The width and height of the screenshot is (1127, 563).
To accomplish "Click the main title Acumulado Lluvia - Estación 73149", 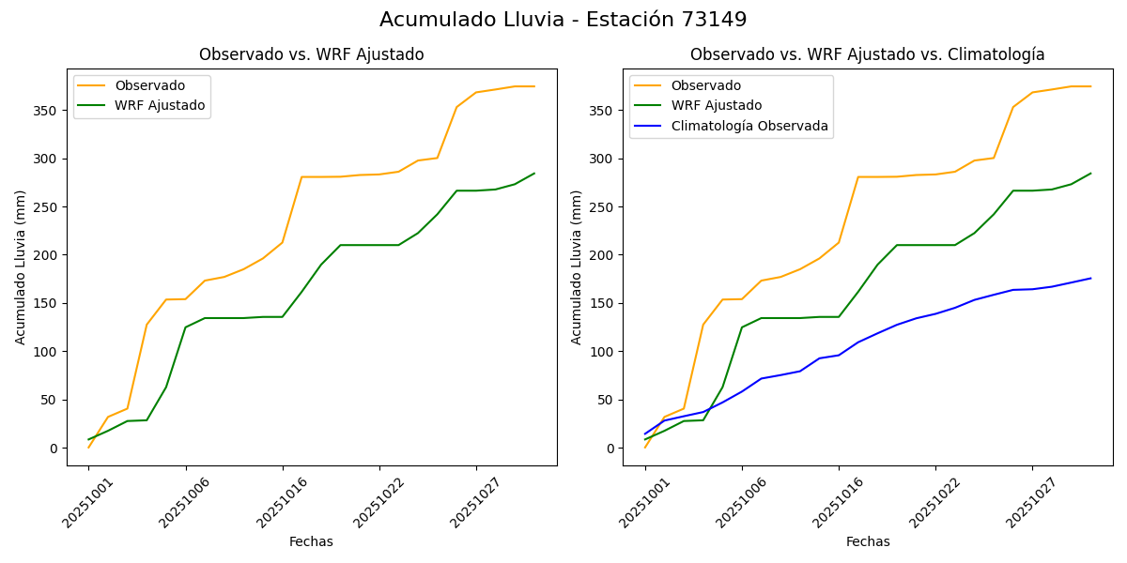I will [x=563, y=20].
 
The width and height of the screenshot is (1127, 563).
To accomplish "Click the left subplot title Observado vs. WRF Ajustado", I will [x=311, y=54].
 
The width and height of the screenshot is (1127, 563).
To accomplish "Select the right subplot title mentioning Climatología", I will [x=867, y=54].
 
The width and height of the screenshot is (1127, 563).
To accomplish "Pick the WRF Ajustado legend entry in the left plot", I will [x=160, y=105].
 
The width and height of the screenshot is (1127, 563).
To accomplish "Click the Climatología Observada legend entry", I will [x=749, y=126].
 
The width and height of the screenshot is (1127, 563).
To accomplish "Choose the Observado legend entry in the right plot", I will [x=705, y=85].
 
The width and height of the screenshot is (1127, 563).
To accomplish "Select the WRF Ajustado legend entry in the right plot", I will [x=716, y=105].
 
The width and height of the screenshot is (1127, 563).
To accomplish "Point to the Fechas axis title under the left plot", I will [x=311, y=541].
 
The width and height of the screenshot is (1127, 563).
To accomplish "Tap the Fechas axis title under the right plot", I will [x=868, y=541].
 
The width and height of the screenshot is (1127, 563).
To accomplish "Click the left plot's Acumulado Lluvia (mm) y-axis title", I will [x=21, y=266].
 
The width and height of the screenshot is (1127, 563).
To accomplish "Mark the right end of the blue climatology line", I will [x=1090, y=278].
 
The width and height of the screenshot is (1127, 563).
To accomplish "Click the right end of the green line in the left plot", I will [x=534, y=174].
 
